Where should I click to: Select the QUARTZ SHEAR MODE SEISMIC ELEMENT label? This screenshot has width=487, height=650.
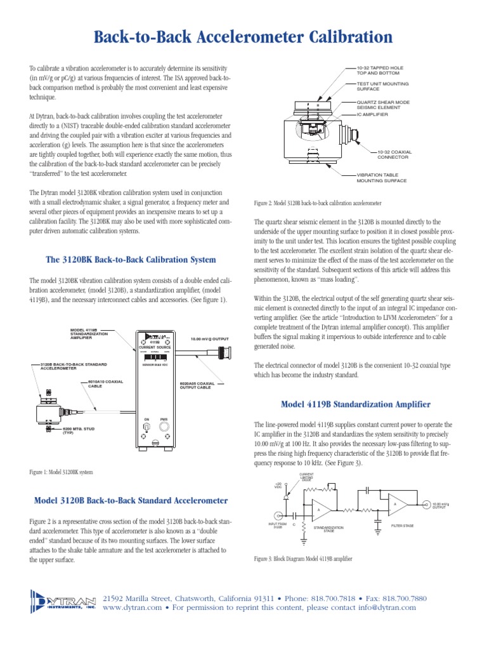point(383,105)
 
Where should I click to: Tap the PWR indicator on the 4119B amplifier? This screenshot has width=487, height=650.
point(164,428)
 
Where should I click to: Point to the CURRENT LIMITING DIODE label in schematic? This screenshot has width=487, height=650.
point(306,477)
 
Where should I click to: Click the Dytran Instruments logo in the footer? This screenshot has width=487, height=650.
point(63,600)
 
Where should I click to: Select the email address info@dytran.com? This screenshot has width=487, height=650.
point(386,607)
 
